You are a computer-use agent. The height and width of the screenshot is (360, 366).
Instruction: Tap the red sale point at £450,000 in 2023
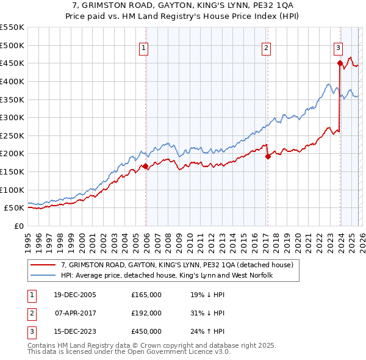click(339, 63)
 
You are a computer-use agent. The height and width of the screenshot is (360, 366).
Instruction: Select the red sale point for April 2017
click(267, 156)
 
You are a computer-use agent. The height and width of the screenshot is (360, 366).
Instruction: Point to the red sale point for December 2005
click(146, 166)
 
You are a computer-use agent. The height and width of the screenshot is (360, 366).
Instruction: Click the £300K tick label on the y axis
click(12, 117)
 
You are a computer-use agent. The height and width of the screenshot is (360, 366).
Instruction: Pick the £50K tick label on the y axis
click(15, 208)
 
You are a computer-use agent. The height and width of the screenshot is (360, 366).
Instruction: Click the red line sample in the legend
click(43, 265)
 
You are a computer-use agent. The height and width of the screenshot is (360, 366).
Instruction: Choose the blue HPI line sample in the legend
click(43, 276)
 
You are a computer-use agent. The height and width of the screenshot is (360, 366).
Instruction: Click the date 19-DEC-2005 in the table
click(74, 295)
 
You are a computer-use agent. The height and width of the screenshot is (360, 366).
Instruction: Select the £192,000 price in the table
click(146, 313)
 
